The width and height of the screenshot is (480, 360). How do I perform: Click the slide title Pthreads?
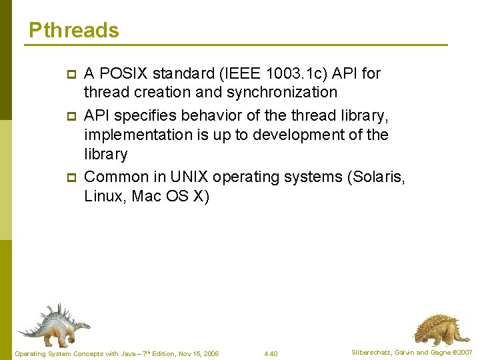coord(74,31)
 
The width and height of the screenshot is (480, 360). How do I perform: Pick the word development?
coord(306,135)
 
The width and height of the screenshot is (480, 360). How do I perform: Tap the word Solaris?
coord(377,177)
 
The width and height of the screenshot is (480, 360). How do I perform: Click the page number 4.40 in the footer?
coord(271,353)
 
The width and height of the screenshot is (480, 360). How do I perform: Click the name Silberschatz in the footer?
coord(372,352)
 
